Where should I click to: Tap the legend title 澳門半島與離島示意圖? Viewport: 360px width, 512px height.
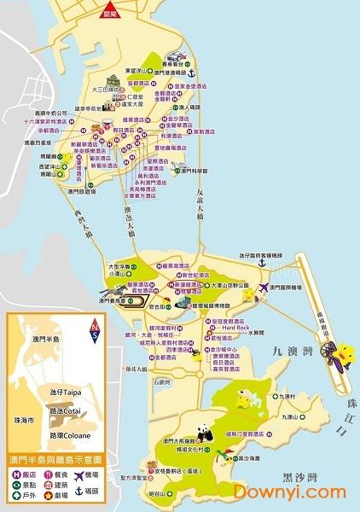(x=54, y=458)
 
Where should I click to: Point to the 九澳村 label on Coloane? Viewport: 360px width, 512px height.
(x=284, y=396)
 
